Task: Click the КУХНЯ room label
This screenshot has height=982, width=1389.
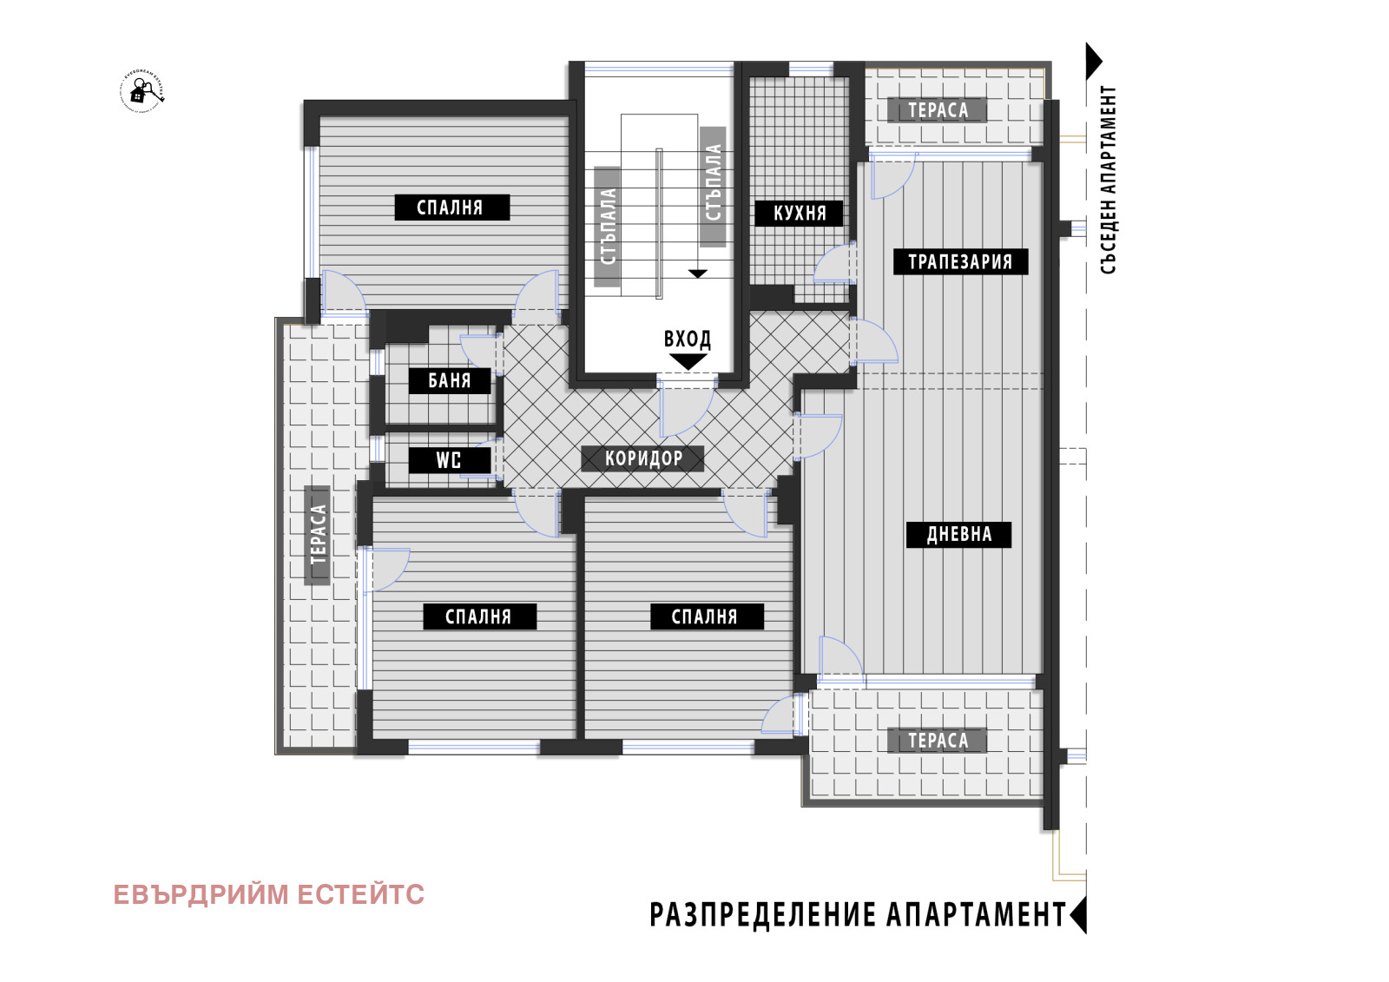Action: tap(799, 214)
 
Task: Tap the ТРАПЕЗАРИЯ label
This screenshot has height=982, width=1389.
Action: tap(960, 262)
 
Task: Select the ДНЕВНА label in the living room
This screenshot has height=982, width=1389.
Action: tap(958, 535)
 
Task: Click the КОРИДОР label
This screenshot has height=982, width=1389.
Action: tap(642, 458)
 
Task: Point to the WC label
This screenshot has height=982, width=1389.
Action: tap(449, 460)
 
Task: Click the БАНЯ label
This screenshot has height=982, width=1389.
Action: tap(450, 381)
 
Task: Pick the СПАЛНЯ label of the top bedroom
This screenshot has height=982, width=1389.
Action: tap(451, 208)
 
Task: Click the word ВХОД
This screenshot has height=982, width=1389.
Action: tap(688, 339)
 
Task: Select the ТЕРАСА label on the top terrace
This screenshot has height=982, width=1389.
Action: tap(938, 110)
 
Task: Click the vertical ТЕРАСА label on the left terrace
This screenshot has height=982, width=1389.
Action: tap(318, 535)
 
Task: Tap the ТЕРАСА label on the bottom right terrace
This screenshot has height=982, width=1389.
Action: tap(938, 741)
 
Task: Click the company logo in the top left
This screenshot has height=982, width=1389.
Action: tap(142, 91)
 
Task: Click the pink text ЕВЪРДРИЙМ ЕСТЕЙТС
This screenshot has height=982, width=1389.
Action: tap(268, 895)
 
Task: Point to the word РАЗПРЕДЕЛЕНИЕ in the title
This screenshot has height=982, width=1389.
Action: tap(763, 915)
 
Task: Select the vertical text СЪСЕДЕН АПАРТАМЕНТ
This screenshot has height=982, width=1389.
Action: tap(1109, 180)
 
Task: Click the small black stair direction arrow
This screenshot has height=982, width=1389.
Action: tap(698, 274)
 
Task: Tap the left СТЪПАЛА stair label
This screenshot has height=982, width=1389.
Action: tap(608, 227)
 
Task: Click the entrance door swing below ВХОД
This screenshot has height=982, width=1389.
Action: tap(684, 408)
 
